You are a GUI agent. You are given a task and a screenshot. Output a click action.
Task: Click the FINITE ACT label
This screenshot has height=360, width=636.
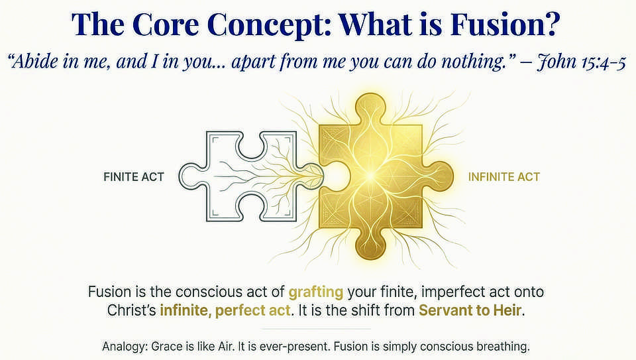[133, 177]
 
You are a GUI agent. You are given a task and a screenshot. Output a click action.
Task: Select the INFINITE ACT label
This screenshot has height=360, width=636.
[503, 177]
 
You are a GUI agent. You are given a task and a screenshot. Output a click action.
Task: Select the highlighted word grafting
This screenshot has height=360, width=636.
[315, 291]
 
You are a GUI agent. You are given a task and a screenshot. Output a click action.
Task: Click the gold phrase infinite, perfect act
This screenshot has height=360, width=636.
[225, 310]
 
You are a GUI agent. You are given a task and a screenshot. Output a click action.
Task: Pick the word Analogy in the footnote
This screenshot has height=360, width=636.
[123, 346]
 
